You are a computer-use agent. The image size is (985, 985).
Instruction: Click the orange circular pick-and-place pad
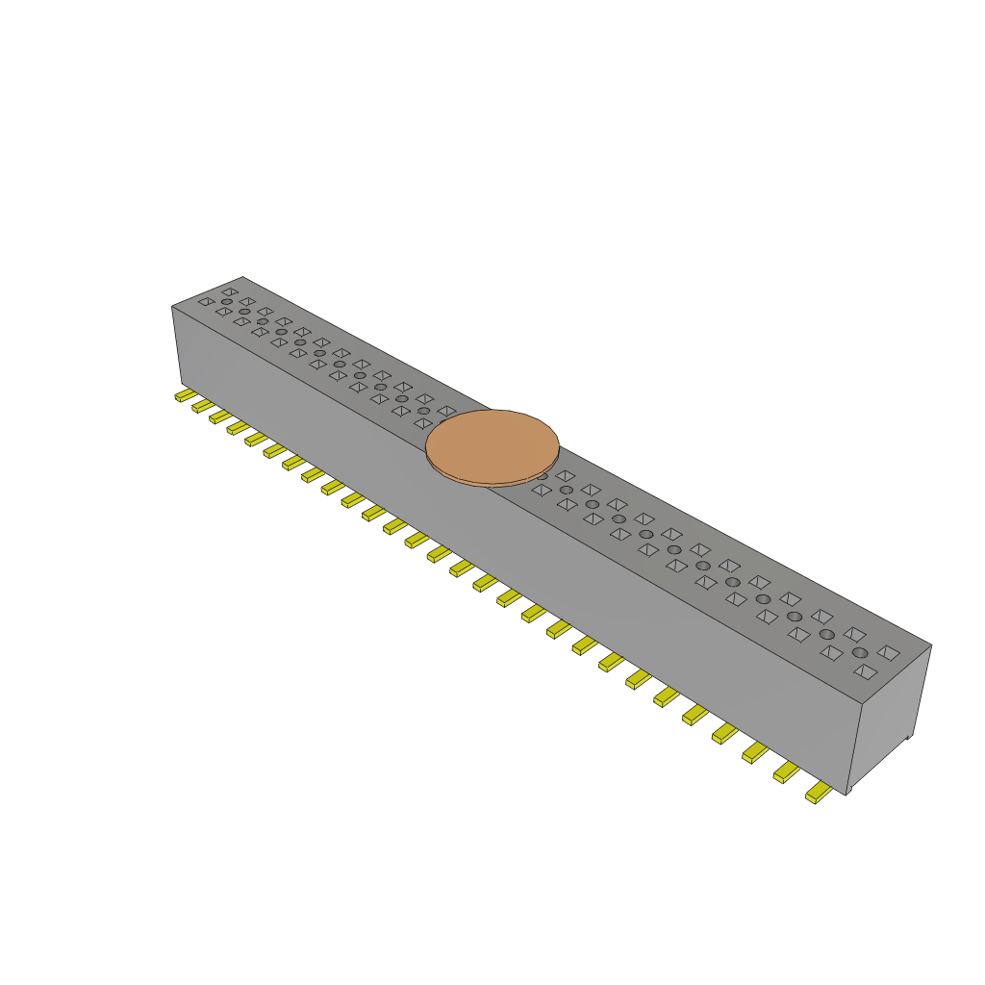click(492, 446)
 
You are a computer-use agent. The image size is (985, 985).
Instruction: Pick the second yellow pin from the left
click(202, 406)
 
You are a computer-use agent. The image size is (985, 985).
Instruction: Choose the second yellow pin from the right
click(787, 770)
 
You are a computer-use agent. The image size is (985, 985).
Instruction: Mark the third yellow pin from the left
click(220, 417)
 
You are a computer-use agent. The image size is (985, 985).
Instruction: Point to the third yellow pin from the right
click(755, 751)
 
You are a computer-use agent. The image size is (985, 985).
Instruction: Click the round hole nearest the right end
click(859, 652)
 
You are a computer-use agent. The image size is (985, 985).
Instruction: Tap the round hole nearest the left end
click(227, 302)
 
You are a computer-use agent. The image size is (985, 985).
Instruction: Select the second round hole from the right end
click(826, 635)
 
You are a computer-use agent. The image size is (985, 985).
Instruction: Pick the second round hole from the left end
click(244, 312)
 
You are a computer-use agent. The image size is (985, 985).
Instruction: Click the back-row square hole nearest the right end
click(889, 652)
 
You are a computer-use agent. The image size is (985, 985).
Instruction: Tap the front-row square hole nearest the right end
click(865, 671)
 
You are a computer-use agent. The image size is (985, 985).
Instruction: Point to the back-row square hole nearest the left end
click(230, 291)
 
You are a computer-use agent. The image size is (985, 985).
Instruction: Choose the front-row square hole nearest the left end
click(206, 301)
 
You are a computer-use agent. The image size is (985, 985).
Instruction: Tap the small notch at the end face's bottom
click(909, 739)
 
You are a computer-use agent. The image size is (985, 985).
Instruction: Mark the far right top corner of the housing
click(930, 645)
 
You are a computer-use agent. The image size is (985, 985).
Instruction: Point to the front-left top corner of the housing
click(173, 307)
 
